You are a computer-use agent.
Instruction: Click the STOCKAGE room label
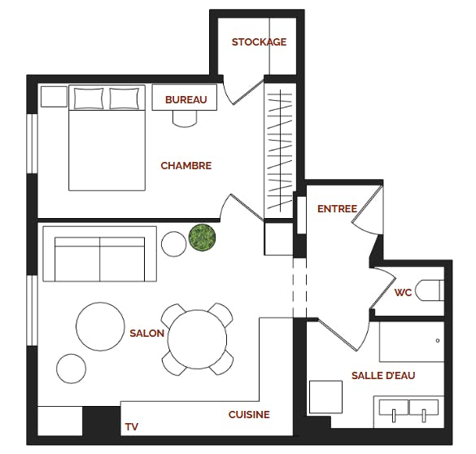(x=259, y=42)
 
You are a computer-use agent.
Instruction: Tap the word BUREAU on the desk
(x=186, y=100)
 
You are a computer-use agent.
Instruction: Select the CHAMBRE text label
(x=186, y=166)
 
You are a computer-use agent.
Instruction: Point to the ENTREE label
(x=337, y=209)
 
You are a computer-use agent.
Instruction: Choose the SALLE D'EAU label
(x=383, y=375)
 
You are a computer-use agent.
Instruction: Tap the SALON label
(x=146, y=334)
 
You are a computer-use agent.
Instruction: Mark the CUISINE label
(x=248, y=415)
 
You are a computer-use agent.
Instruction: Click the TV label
(x=131, y=427)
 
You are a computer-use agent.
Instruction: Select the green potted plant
(x=202, y=238)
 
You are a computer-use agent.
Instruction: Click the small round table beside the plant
(x=173, y=243)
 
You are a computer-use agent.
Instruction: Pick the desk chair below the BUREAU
(x=185, y=119)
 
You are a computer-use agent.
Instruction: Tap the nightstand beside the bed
(x=54, y=96)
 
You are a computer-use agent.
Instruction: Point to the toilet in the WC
(x=429, y=290)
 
